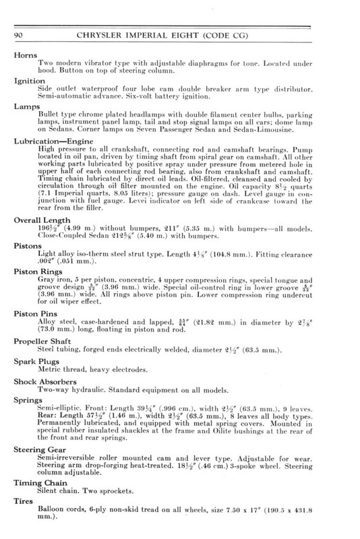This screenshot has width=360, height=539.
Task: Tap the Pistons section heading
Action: click(x=28, y=246)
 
